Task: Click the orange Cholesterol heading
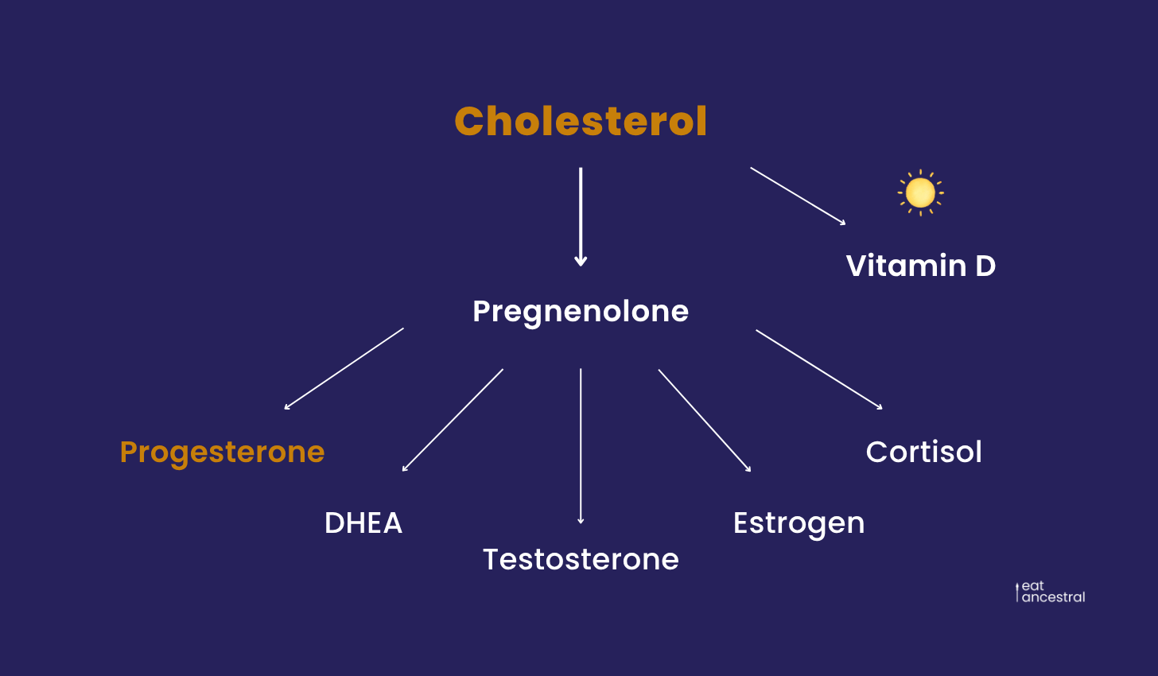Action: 581,121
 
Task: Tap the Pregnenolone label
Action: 581,313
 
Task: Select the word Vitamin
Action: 906,266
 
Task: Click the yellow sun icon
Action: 921,192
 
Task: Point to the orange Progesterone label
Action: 223,453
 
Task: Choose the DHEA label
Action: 363,523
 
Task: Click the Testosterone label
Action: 581,559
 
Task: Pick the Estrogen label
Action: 799,524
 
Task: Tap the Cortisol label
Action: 924,452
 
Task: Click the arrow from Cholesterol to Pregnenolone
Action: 581,217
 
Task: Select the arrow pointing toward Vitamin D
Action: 799,196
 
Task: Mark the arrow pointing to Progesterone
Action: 344,368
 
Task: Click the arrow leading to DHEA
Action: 453,420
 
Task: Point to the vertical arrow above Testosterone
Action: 581,446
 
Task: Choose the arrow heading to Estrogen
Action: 705,421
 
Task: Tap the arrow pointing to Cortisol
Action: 819,370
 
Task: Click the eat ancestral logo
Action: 1050,592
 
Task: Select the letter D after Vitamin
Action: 985,266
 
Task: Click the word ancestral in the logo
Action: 1054,597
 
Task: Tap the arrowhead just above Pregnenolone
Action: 581,262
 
